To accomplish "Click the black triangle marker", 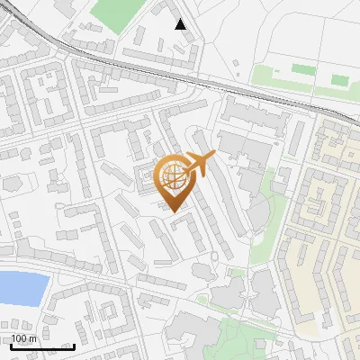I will pos(181,24).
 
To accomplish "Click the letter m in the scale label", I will pos(32,338).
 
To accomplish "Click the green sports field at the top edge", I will pos(117,14).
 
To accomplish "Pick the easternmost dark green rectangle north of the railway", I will pos(339,80).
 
